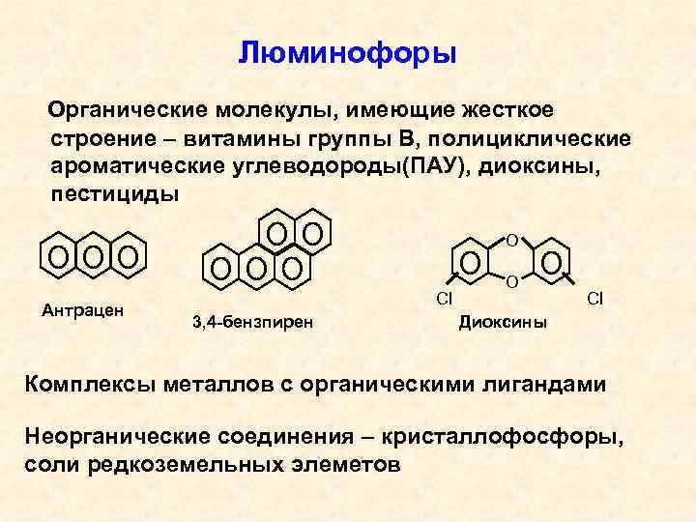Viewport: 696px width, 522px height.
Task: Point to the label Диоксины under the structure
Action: (502, 321)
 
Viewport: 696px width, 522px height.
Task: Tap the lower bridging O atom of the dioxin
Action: (512, 282)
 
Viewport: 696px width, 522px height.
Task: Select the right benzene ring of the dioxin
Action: (552, 261)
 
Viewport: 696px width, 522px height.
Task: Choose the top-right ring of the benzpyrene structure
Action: (312, 233)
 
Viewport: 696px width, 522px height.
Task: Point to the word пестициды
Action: (114, 193)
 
